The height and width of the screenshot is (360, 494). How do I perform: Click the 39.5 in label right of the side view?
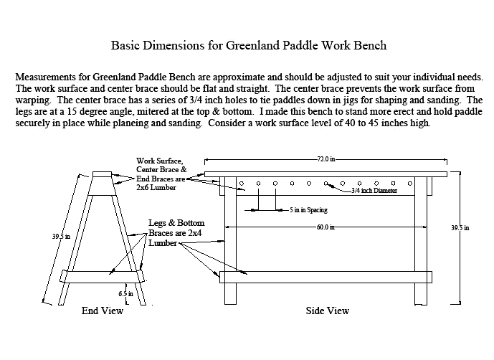click(460, 228)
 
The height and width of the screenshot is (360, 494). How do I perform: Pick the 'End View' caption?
click(103, 311)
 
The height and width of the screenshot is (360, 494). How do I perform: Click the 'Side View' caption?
click(328, 311)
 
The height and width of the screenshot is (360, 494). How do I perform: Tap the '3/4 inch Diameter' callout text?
click(374, 191)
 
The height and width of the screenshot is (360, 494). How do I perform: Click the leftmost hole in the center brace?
click(242, 184)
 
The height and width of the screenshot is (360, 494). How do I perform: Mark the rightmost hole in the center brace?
click(410, 184)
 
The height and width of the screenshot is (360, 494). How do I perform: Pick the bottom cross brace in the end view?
click(103, 277)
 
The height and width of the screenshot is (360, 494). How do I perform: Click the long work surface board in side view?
click(326, 174)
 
